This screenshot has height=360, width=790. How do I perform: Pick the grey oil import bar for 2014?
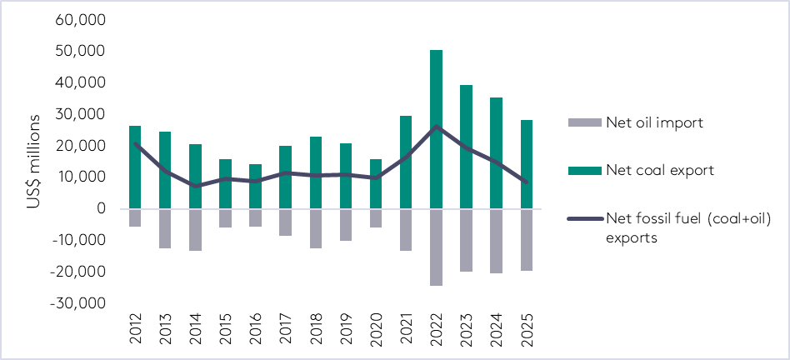click(x=195, y=229)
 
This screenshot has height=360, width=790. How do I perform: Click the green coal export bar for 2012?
click(x=135, y=167)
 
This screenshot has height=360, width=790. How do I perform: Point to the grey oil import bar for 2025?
click(x=527, y=239)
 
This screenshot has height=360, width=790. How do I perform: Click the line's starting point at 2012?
click(x=135, y=144)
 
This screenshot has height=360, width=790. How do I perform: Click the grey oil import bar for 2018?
click(x=316, y=228)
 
